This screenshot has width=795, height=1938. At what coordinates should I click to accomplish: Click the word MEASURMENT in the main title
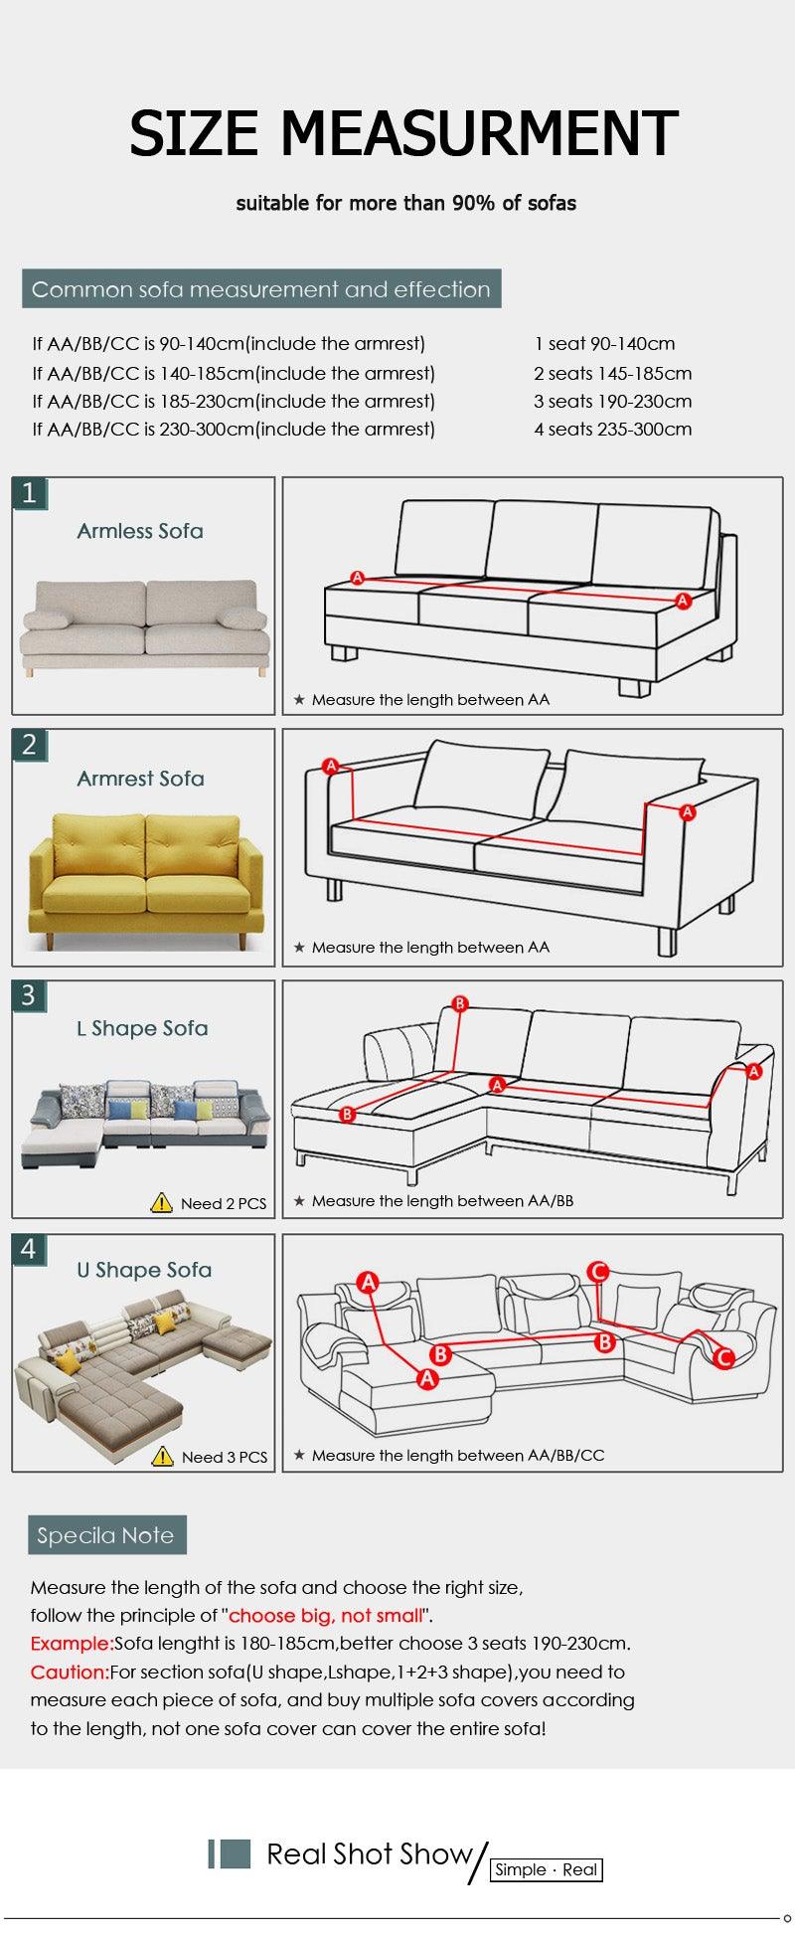480,135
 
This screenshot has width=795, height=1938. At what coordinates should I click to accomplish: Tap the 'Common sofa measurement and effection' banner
261,289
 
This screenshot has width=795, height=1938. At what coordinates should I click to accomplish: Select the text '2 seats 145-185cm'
612,374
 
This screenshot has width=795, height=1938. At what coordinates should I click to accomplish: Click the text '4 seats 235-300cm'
612,430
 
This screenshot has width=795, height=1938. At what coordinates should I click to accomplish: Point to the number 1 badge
30,493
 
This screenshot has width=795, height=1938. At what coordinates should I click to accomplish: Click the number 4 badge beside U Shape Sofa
30,1249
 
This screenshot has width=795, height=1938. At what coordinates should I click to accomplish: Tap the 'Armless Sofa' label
140,531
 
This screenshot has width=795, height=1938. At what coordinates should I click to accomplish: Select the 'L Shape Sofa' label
142,1028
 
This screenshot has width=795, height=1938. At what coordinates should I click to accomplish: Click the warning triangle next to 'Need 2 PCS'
162,1202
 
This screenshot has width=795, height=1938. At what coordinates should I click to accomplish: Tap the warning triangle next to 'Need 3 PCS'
163,1456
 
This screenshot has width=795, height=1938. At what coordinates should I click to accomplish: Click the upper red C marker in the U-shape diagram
598,1271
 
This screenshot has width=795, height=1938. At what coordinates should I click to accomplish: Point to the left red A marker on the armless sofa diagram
358,578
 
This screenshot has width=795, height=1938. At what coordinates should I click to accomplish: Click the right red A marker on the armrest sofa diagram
687,812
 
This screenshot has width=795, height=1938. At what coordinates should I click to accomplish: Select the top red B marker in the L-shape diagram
459,1004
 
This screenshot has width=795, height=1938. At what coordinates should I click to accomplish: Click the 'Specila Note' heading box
106,1535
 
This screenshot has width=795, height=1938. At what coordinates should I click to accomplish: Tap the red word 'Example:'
72,1644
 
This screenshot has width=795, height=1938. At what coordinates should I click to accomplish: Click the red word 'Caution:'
70,1672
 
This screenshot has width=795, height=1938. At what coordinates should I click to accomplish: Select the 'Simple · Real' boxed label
547,1869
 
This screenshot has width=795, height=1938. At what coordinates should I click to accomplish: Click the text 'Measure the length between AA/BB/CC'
457,1455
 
